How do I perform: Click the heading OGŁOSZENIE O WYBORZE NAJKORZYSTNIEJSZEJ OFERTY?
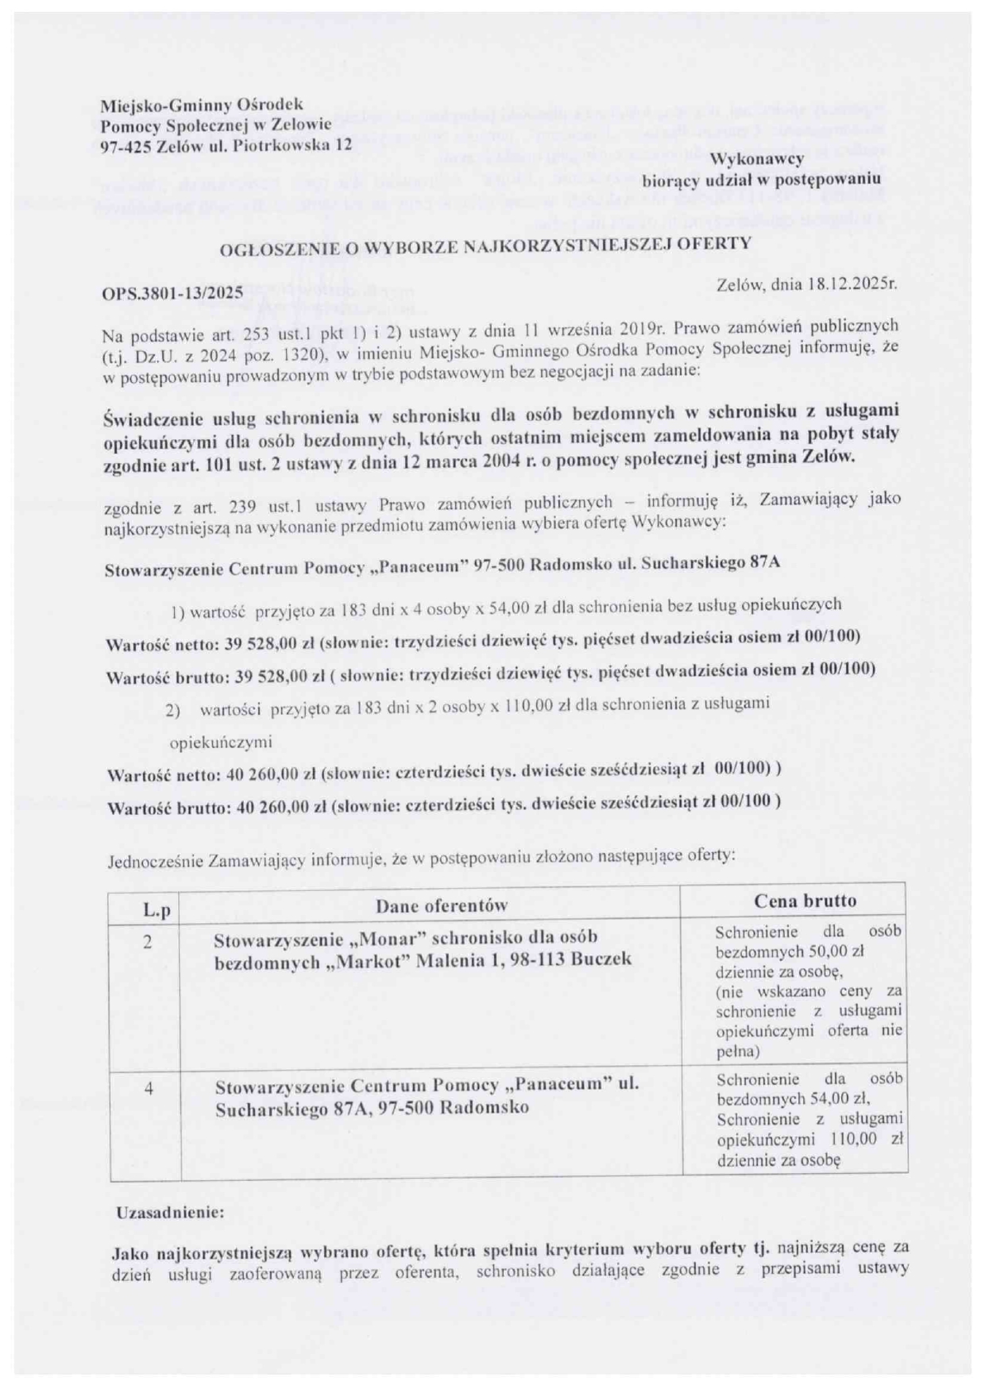click(x=485, y=245)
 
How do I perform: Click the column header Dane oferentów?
click(x=442, y=905)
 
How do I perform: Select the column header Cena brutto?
click(x=805, y=901)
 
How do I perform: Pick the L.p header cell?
click(x=156, y=909)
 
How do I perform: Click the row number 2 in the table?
click(x=148, y=942)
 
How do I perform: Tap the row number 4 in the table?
click(x=149, y=1089)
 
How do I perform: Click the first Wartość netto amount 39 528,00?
click(x=257, y=638)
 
